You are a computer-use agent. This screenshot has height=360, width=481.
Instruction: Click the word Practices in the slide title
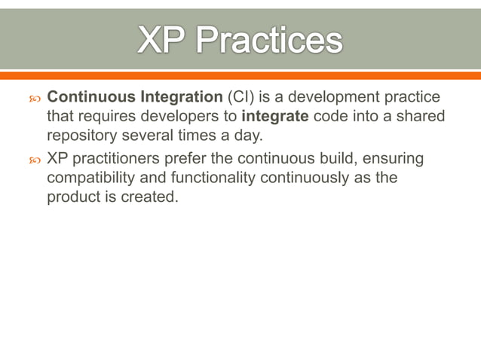click(271, 41)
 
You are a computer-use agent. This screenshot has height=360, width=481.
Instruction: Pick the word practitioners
click(124, 160)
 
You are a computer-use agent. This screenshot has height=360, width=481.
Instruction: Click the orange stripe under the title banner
click(240, 75)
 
